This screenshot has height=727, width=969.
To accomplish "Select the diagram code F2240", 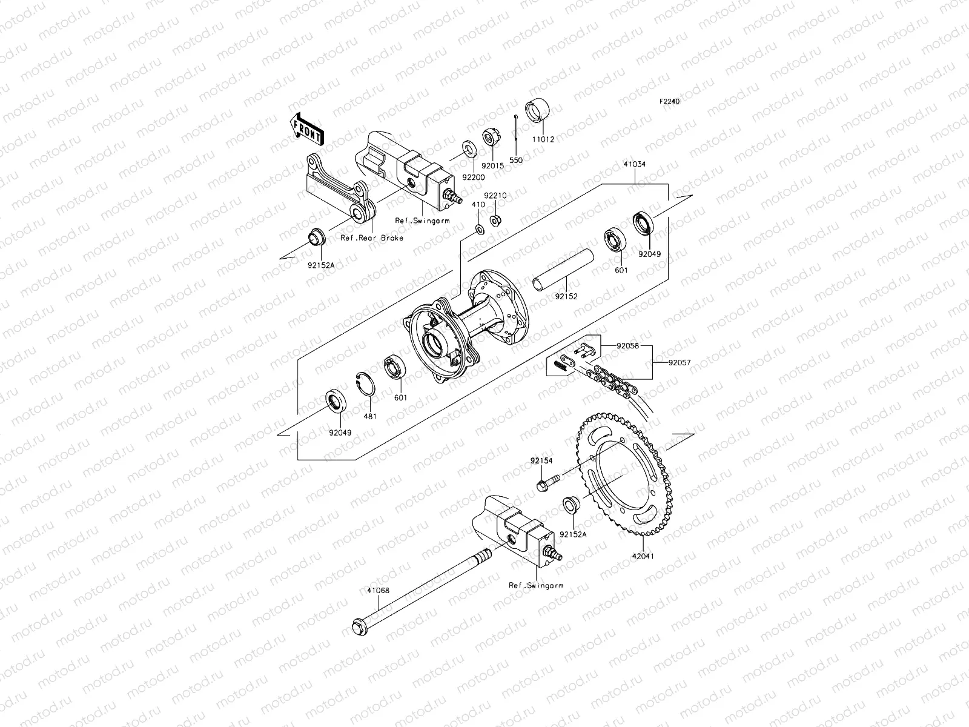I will pos(670,102).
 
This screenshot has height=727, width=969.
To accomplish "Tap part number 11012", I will pos(543,139).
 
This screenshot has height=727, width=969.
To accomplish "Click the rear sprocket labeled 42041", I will pos(627,474).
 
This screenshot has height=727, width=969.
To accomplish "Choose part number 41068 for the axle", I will pos(378,588).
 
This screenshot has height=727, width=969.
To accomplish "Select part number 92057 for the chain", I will pos(679,363).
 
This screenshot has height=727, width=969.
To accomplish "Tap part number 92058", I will pos(628,346).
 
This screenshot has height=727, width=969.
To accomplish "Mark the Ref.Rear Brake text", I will pos(372,238).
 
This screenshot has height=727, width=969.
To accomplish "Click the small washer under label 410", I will pos(478,228).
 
